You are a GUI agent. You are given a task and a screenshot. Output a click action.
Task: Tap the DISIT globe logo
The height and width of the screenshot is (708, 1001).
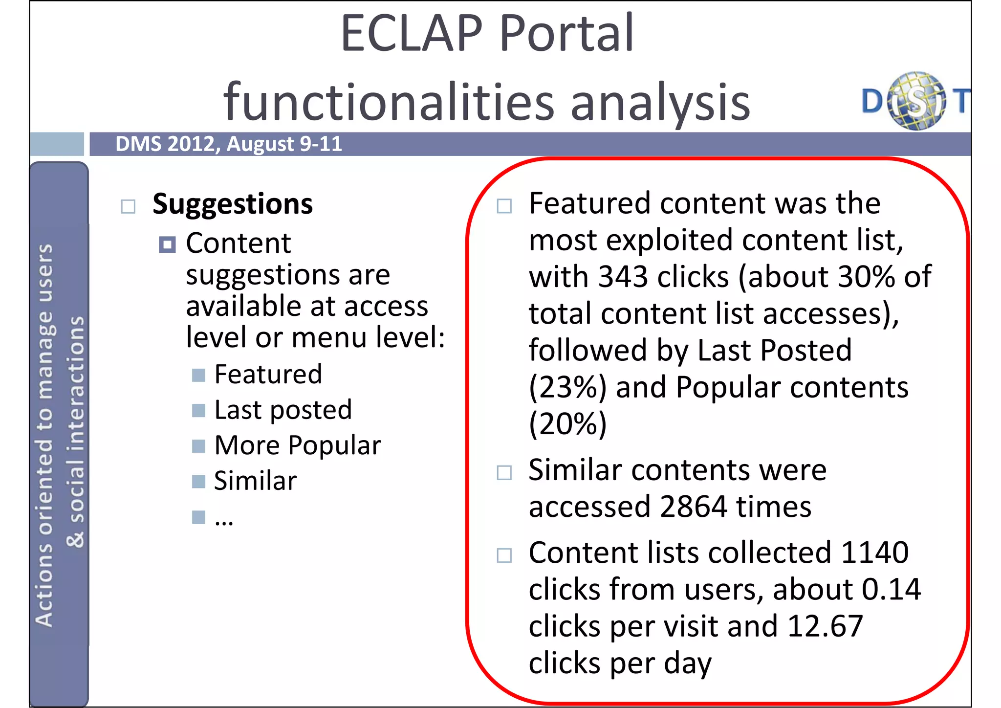(x=916, y=101)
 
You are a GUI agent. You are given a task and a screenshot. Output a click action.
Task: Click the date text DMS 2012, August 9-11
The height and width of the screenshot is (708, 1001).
(x=228, y=144)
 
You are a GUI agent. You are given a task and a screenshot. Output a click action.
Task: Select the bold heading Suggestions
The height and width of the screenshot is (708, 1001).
(x=232, y=204)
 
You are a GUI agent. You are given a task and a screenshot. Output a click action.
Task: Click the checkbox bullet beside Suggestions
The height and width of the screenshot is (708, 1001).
(x=128, y=206)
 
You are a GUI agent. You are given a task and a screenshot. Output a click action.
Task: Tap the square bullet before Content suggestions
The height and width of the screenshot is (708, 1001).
(x=167, y=244)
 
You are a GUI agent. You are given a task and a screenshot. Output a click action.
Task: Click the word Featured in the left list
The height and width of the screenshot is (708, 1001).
(x=268, y=375)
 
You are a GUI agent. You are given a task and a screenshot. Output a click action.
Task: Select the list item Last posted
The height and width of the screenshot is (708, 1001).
(x=283, y=410)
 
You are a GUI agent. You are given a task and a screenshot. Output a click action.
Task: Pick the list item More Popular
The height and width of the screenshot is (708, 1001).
(x=297, y=445)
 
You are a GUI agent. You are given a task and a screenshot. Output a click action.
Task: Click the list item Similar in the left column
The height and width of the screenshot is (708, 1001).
(x=255, y=481)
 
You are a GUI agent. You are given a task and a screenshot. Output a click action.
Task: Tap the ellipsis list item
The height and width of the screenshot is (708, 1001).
(x=224, y=520)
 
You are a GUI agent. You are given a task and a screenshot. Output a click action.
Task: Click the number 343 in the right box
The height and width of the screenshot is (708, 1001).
(x=623, y=277)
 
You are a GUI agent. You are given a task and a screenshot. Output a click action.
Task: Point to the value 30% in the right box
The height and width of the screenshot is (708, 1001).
(x=867, y=277)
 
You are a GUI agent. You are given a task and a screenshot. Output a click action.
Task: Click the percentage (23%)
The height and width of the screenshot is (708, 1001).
(x=567, y=387)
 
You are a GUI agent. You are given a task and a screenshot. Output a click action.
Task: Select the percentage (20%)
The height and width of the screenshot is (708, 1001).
(x=567, y=424)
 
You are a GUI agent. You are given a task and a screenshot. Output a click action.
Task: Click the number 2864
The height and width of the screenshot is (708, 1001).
(x=693, y=507)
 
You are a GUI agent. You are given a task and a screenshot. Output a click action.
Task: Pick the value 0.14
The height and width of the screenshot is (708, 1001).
(x=891, y=590)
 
